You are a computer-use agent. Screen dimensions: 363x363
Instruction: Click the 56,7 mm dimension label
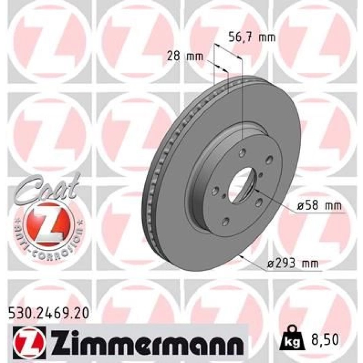(252, 37)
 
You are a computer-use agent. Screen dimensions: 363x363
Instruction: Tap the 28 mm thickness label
(185, 57)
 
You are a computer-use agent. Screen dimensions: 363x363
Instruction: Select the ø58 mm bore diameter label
(319, 205)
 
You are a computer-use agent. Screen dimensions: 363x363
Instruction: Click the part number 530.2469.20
(49, 314)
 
